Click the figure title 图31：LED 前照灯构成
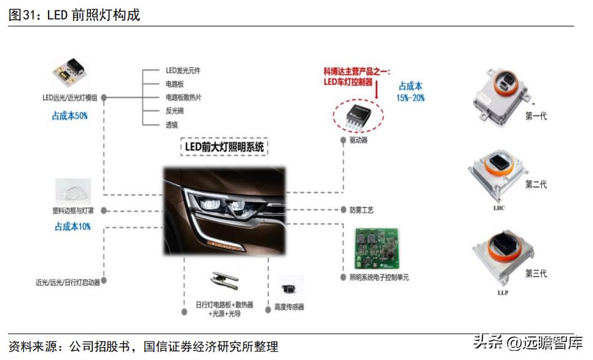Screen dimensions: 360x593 pyautogui.click(x=74, y=15)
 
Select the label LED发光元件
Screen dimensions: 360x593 pyautogui.click(x=183, y=71)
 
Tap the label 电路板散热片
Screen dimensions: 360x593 pyautogui.click(x=183, y=98)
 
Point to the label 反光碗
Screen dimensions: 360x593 pyautogui.click(x=175, y=111)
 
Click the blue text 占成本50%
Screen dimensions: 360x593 pyautogui.click(x=69, y=115)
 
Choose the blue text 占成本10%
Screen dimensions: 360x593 pyautogui.click(x=73, y=227)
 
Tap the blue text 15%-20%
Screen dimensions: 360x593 pyautogui.click(x=410, y=98)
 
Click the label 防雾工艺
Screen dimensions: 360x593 pyautogui.click(x=361, y=210)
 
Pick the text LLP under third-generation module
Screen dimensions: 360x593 pyautogui.click(x=502, y=292)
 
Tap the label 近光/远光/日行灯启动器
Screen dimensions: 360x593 pyautogui.click(x=68, y=283)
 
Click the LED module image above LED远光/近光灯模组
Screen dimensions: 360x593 pyautogui.click(x=68, y=72)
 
